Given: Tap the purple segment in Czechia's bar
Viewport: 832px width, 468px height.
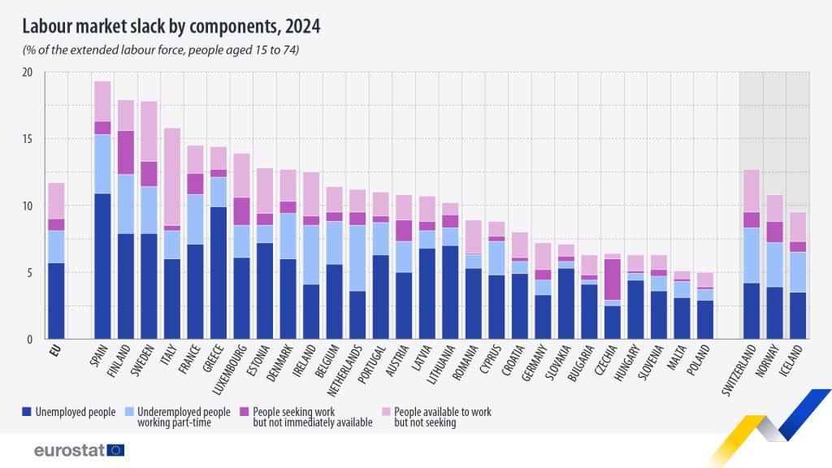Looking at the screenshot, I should click(612, 279).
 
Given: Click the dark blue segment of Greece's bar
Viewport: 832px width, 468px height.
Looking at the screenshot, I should click(218, 272).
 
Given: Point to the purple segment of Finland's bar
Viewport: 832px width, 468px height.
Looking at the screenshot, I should click(126, 152).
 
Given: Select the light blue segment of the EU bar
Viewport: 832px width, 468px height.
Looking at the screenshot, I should click(55, 246).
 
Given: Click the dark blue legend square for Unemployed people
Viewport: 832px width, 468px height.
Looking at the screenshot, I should click(27, 412).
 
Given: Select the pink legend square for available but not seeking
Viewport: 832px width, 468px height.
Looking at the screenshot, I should click(387, 412).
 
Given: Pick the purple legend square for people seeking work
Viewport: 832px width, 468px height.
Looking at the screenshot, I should click(246, 412).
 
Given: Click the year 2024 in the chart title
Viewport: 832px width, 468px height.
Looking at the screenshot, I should click(302, 27).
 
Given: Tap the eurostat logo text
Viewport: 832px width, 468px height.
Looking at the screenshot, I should click(68, 449).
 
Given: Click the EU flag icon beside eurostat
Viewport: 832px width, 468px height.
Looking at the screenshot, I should click(115, 449).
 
